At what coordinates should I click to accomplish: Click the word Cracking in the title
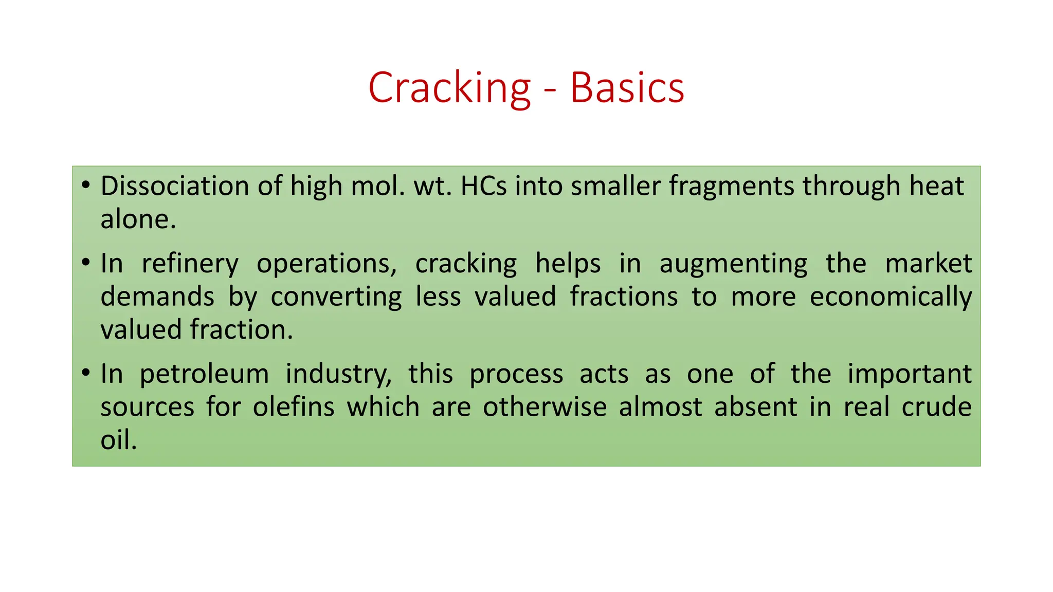(x=449, y=88)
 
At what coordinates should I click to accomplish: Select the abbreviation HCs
(x=483, y=186)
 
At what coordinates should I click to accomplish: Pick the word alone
(x=138, y=219)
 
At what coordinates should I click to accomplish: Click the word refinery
(x=190, y=264)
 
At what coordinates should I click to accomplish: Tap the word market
(x=928, y=264)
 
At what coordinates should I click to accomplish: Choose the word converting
(x=336, y=298)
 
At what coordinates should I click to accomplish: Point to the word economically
(x=891, y=298)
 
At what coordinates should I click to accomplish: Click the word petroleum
(x=204, y=374)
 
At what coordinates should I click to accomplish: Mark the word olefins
(x=294, y=407)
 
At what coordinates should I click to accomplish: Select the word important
(x=909, y=374)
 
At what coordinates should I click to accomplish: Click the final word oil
(x=118, y=440)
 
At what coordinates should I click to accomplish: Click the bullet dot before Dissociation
(x=86, y=184)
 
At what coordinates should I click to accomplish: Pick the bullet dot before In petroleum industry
(x=86, y=372)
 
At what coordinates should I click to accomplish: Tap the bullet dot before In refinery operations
(x=86, y=262)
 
